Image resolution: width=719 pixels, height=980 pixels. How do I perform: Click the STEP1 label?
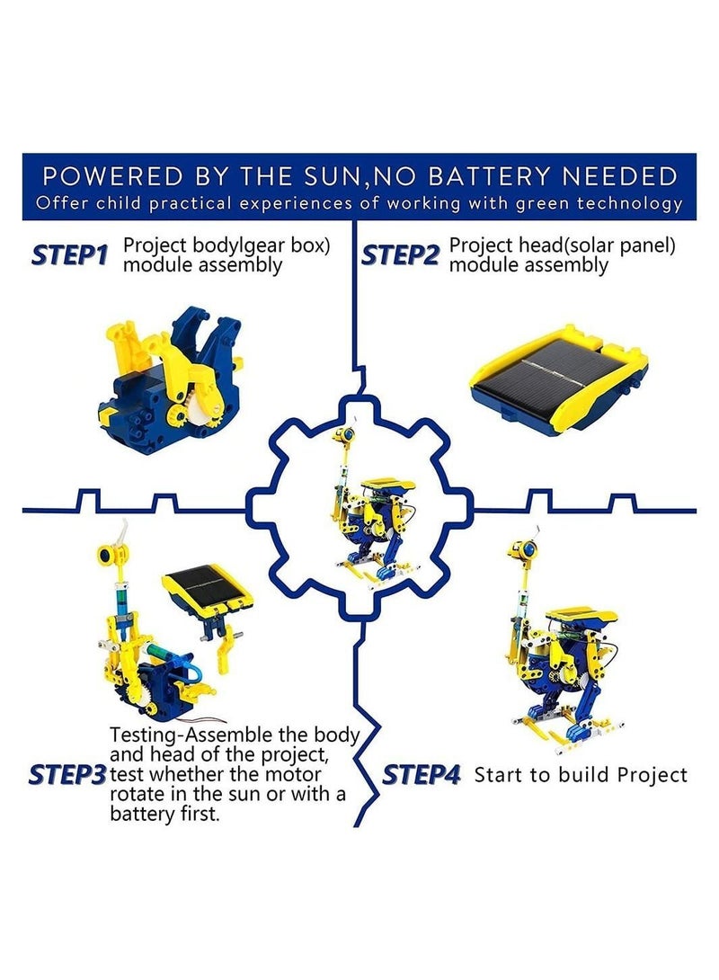coord(69,255)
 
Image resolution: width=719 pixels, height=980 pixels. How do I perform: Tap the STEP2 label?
coord(400,255)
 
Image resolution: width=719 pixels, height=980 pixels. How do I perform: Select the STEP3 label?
coord(67,774)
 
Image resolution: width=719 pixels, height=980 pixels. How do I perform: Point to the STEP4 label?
coord(422,775)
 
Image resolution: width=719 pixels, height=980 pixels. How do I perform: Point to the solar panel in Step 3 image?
coord(207,588)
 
